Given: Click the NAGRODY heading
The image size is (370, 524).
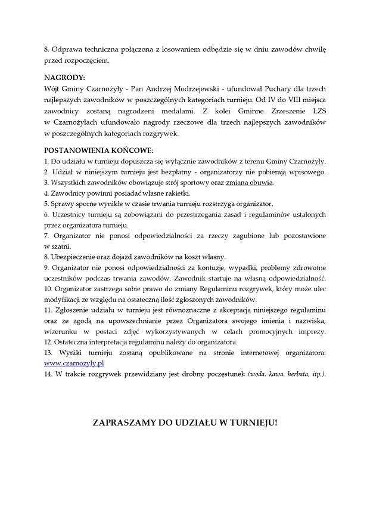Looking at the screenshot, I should (x=65, y=78).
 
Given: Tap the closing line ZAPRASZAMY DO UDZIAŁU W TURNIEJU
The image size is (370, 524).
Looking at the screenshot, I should (x=185, y=423).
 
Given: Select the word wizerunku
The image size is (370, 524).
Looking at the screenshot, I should (x=62, y=332).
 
